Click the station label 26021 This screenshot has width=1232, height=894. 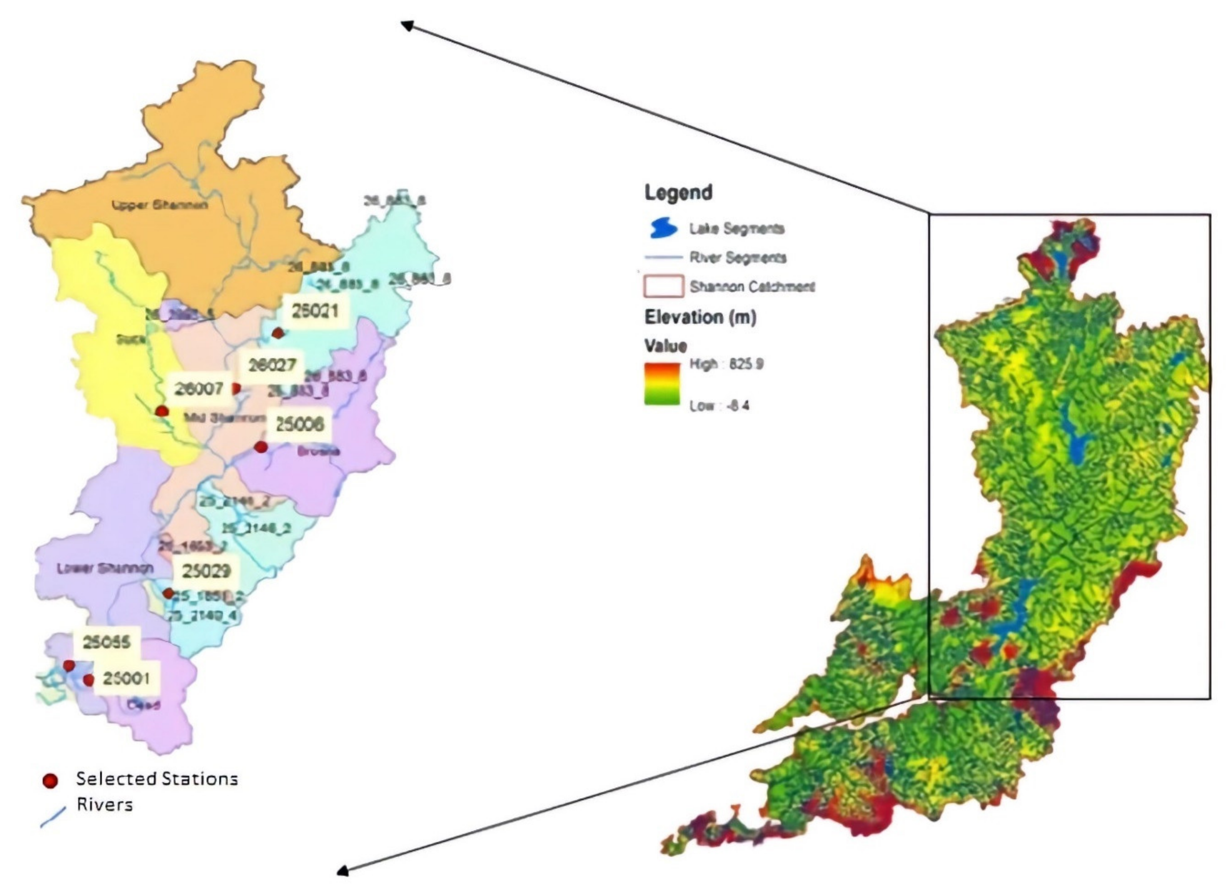pos(315,311)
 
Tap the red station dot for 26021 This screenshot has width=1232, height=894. pos(277,333)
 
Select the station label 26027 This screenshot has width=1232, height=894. pos(272,365)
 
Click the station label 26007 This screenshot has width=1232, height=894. pos(199,389)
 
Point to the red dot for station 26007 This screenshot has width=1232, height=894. pos(161,411)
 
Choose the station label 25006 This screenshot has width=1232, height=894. pos(299,424)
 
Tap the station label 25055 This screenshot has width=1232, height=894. pos(106,642)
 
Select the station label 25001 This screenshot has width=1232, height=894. pos(126,678)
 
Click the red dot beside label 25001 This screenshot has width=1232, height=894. pos(88,680)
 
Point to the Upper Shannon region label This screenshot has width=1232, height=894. pos(160,205)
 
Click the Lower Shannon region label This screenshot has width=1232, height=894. pos(105,569)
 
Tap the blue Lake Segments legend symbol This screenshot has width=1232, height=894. pos(663,228)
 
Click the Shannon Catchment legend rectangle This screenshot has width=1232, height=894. pos(663,286)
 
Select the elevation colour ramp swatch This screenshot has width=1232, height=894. pos(662,384)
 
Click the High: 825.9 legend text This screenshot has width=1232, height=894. pos(726,364)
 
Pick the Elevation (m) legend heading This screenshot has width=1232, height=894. pos(700,317)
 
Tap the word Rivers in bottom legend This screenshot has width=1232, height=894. pos(104,804)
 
